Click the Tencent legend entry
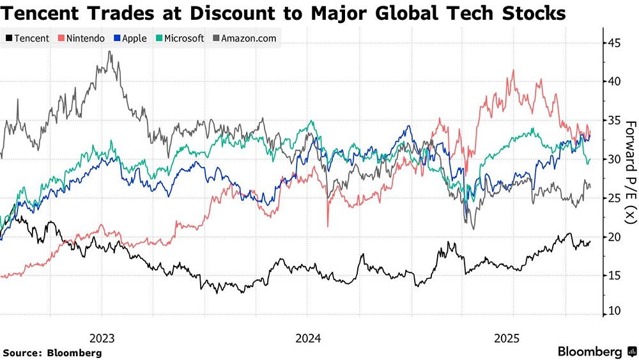pos(27,38)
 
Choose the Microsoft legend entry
pos(179,38)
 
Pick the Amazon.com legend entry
pos(244,38)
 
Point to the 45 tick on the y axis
pos(613,43)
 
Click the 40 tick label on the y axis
pos(613,82)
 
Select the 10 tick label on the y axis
pos(613,311)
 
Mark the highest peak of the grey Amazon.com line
pos(111,52)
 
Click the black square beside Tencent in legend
pos(8,38)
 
